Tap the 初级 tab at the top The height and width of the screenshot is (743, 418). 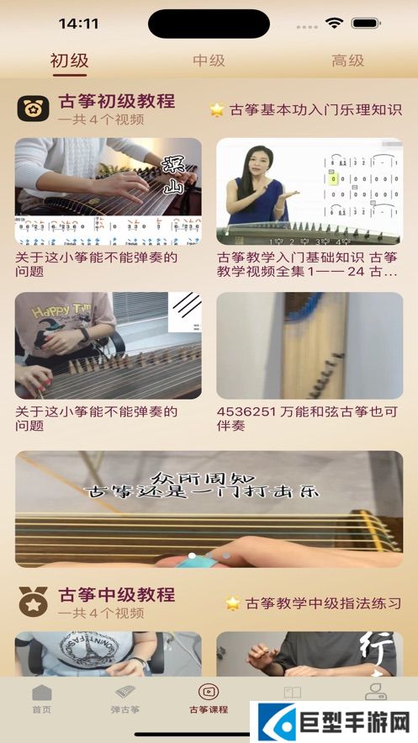tap(69, 61)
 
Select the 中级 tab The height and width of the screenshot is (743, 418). tap(209, 61)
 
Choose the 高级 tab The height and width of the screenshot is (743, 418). tap(347, 61)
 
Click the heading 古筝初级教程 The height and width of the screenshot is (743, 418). tap(117, 102)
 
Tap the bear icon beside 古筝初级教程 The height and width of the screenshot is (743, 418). tap(33, 109)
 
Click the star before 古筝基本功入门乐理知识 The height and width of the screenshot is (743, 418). tap(217, 109)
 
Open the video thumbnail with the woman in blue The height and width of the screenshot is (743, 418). tap(309, 191)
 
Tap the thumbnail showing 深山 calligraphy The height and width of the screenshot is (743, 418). tap(108, 191)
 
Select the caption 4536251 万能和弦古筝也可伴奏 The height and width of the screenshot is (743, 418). tap(309, 419)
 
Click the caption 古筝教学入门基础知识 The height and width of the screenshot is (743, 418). tap(309, 265)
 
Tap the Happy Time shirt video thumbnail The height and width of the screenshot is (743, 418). tap(108, 345)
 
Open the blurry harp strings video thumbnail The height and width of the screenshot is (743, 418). tap(309, 345)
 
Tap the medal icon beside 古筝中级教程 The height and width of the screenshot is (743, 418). tap(33, 602)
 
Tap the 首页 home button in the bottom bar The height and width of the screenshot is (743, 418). tap(41, 699)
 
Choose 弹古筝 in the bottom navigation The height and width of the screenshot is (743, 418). tap(125, 699)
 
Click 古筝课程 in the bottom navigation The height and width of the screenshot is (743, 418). tap(209, 699)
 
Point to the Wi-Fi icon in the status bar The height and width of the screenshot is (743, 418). tap(335, 23)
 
